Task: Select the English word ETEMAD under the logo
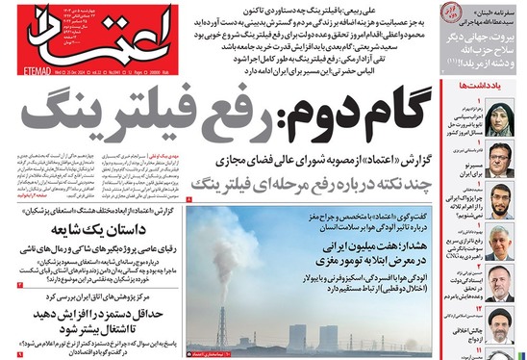tap(18, 70)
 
